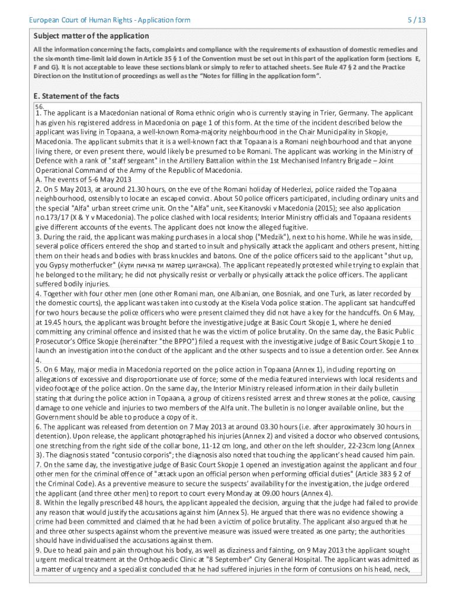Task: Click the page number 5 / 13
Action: (x=416, y=20)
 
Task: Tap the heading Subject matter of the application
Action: (x=91, y=36)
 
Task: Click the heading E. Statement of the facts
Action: (x=78, y=96)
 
